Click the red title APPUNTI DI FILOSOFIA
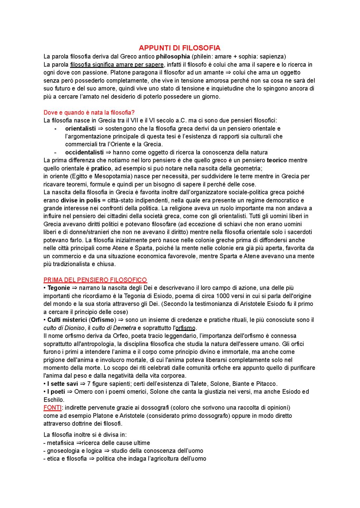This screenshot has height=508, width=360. coord(179,48)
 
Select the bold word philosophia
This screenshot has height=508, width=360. coord(173,57)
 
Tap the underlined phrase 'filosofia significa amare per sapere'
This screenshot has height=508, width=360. coord(117,65)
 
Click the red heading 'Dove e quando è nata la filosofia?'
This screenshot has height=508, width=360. coord(89,113)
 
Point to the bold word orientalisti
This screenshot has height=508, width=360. coord(80,129)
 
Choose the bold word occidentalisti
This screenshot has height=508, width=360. coord(84,153)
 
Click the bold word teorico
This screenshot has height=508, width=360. coord(277,161)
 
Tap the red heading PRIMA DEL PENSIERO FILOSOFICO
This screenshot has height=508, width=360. coord(95,280)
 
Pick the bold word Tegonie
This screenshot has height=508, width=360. coord(59,288)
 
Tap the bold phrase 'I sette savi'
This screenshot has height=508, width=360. coord(62,384)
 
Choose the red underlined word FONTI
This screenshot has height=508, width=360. coord(52,408)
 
